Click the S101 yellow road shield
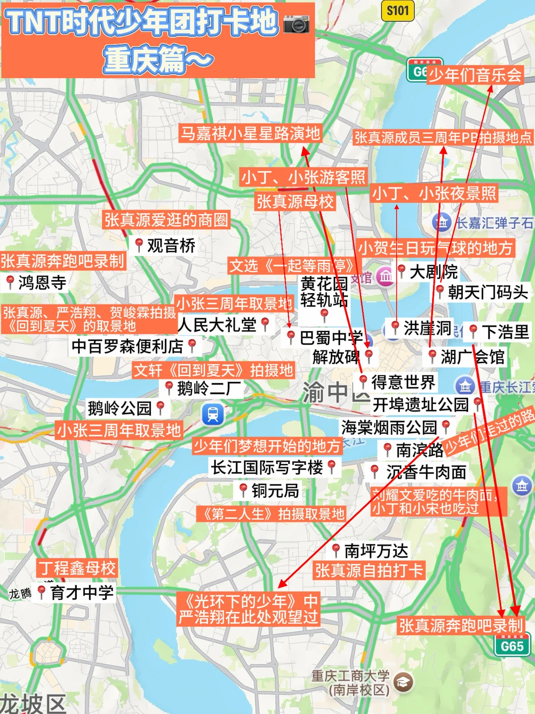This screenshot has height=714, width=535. [x=398, y=10]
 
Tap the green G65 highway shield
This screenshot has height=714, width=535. [x=512, y=646]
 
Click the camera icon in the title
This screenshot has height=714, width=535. [x=296, y=23]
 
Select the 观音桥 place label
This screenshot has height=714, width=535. [x=171, y=245]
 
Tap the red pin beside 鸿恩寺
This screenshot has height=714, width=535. [x=10, y=282]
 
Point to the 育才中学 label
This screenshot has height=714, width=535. [x=82, y=592]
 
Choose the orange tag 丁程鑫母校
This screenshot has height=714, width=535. [x=77, y=568]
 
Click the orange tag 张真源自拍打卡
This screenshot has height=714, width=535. [x=369, y=571]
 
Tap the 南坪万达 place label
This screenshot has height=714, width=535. [x=376, y=550]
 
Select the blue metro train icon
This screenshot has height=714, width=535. [x=213, y=414]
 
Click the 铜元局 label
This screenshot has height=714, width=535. [x=275, y=490]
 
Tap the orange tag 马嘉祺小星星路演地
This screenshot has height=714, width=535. [x=250, y=133]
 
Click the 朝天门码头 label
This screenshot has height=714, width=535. [x=487, y=292]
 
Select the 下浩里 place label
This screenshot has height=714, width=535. [x=505, y=332]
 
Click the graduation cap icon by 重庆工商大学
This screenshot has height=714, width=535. [x=404, y=682]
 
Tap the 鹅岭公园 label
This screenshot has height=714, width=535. [x=120, y=408]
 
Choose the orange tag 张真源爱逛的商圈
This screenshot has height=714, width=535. [x=166, y=220]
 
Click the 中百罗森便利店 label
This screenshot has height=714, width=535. [x=127, y=346]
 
